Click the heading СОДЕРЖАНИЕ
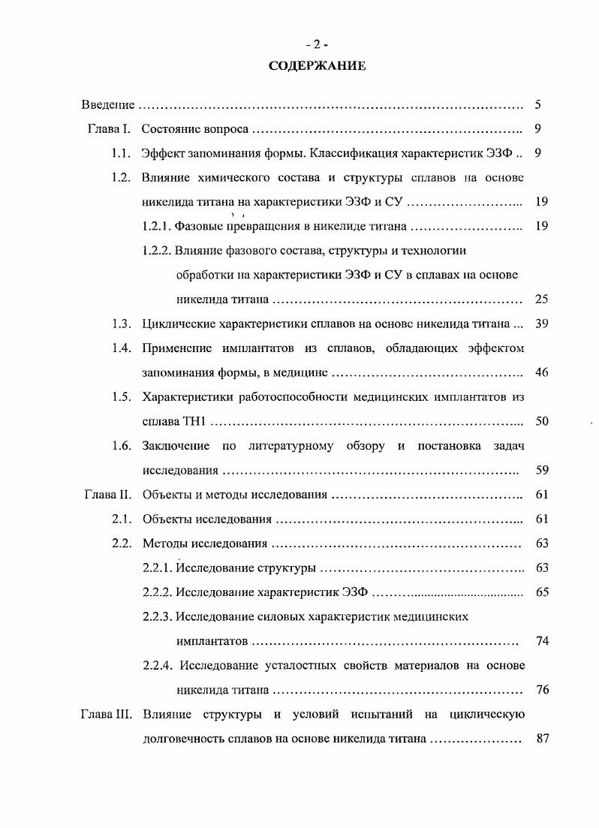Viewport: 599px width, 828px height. pos(318,66)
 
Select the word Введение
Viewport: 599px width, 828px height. pos(108,105)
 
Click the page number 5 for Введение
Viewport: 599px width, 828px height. pos(538,105)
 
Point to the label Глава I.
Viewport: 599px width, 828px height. pos(109,129)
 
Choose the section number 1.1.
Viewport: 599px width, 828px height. pos(121,153)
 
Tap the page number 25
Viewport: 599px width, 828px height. pos(542,300)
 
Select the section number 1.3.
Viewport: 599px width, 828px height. pos(121,324)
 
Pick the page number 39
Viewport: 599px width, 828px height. pos(542,324)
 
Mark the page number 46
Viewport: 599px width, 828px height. pos(542,372)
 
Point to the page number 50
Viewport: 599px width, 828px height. pos(542,421)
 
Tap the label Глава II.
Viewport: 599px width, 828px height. pos(107,495)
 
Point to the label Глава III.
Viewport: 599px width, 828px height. pos(106,714)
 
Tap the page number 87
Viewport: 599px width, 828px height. pos(544,739)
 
